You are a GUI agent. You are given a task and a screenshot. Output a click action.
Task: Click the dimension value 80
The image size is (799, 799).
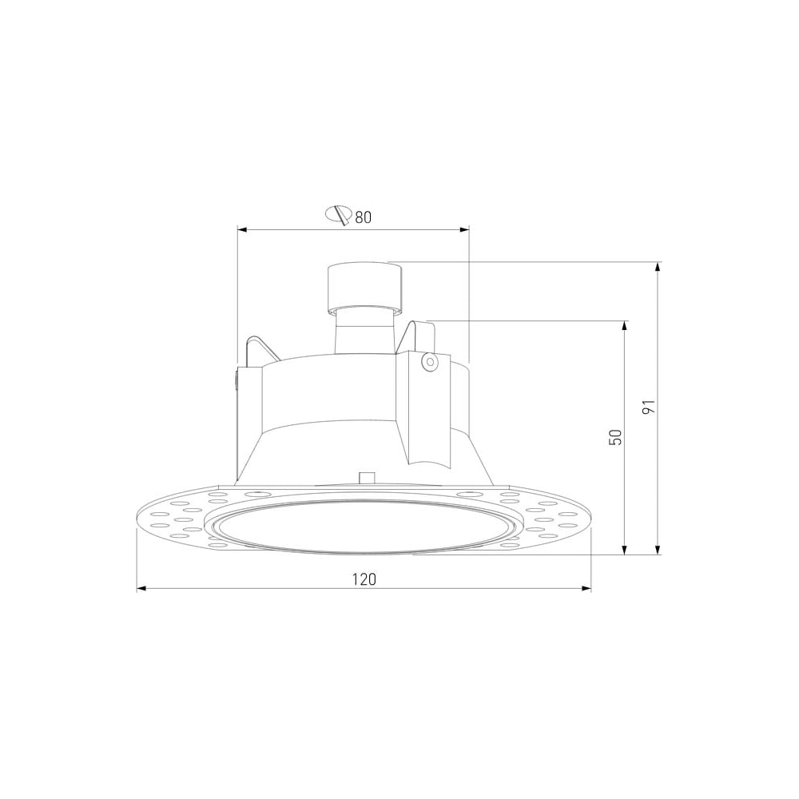coord(364,217)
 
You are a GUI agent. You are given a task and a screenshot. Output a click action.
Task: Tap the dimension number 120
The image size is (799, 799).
coord(364,579)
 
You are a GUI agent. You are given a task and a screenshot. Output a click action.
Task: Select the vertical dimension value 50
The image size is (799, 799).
coord(615,437)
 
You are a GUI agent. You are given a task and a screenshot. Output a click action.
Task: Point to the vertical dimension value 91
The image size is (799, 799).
coord(648,407)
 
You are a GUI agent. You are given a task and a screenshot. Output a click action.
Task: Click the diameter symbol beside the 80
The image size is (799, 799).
coord(339,214)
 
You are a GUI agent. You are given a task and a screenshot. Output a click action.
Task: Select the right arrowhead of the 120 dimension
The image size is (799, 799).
coord(586,589)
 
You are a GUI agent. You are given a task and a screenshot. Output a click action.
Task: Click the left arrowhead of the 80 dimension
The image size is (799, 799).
coord(243,230)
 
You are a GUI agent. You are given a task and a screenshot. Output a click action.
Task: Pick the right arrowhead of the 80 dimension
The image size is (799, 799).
coord(464,230)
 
